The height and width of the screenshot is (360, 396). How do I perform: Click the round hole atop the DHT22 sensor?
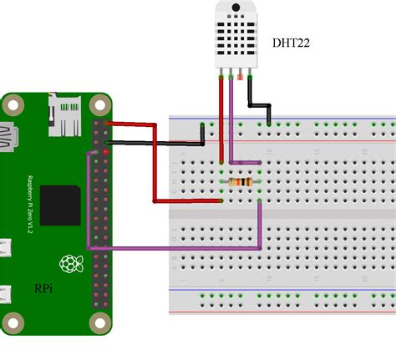point(235,9)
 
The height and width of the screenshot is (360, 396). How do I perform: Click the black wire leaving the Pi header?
point(159,144)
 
